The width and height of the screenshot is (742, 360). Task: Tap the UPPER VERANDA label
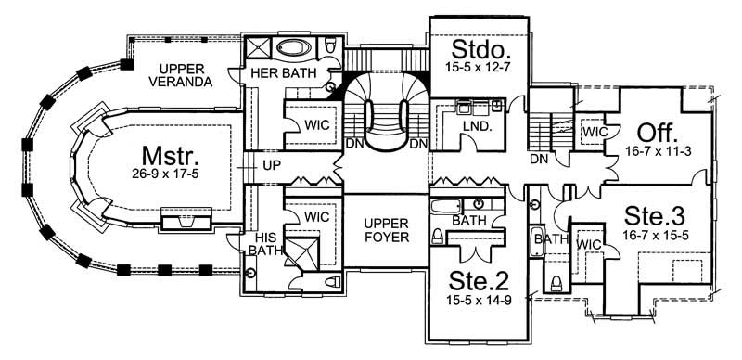point(182,74)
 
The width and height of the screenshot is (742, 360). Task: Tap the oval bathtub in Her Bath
point(293,45)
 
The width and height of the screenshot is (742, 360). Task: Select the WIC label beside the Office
point(593,132)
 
